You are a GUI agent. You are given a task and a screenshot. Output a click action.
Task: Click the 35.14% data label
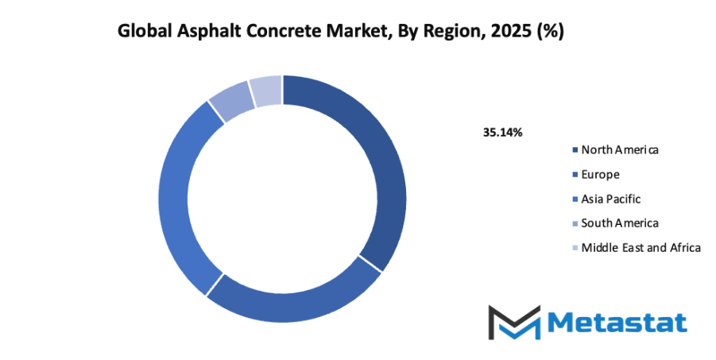[x=502, y=132]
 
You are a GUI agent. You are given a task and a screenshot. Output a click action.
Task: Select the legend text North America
[x=620, y=149]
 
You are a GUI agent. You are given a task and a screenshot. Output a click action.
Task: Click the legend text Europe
[x=600, y=174]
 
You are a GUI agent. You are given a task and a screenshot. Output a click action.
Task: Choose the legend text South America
[x=620, y=223]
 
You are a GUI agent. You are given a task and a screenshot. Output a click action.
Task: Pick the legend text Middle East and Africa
[x=641, y=247]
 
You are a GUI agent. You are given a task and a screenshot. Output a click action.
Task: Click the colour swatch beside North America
[x=575, y=150]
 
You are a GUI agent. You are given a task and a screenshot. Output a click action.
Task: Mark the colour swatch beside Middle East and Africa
[x=575, y=248]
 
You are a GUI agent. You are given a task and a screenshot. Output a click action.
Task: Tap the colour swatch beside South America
[x=575, y=223]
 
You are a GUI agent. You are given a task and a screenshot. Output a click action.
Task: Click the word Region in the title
[x=446, y=32]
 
